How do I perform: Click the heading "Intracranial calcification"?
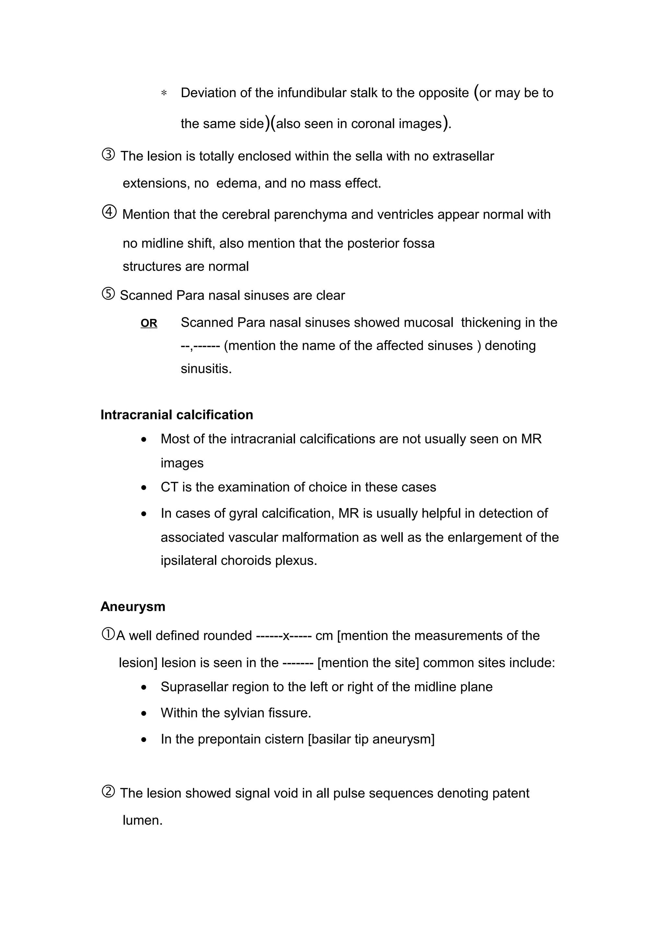click(177, 415)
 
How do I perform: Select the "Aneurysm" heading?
click(133, 607)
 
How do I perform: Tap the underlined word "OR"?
click(149, 323)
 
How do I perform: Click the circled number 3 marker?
click(108, 155)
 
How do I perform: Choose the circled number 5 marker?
click(108, 294)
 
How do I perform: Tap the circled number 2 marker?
click(108, 792)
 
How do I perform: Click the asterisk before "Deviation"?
click(164, 94)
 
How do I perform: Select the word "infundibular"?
click(312, 93)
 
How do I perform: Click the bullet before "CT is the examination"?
click(144, 488)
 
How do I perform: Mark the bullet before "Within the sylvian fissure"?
click(144, 713)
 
